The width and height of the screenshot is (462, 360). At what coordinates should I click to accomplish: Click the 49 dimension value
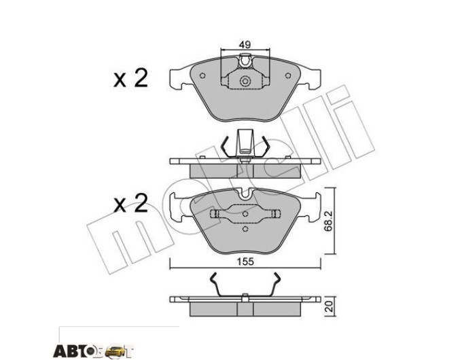tap(245, 45)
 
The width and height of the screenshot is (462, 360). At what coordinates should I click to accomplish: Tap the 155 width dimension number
tap(246, 262)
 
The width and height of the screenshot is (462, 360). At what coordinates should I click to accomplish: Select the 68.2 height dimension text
tap(329, 221)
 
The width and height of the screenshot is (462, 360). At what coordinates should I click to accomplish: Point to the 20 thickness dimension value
tap(330, 306)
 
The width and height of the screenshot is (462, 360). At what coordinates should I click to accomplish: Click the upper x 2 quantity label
tap(131, 78)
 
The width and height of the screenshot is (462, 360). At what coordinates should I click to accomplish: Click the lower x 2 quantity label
tap(131, 203)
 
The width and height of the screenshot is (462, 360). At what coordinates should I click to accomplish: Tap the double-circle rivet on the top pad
tap(245, 81)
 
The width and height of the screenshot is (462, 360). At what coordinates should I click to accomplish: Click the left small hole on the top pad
tap(202, 75)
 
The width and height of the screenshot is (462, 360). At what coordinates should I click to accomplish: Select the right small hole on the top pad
tap(288, 75)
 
